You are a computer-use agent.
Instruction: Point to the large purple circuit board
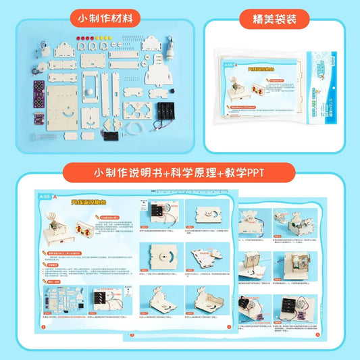(40, 89)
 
